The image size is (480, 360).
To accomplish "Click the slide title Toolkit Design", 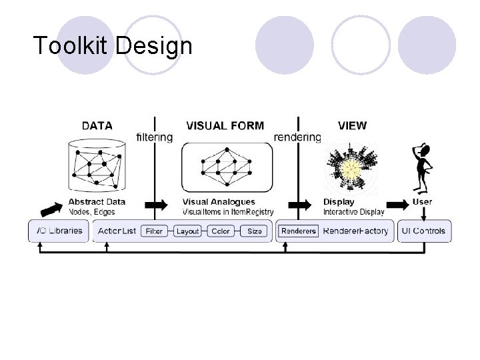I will (113, 46).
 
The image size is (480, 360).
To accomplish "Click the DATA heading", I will (97, 125).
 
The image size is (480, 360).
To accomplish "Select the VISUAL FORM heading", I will (225, 125).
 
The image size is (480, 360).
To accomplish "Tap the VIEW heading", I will (352, 125).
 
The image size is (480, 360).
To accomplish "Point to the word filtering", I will (154, 137).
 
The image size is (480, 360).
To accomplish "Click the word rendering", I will (297, 137).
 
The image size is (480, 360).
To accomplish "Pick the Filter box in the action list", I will (154, 231).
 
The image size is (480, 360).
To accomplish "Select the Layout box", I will (188, 231).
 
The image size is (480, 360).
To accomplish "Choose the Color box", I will (221, 231).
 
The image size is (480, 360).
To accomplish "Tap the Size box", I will (255, 231).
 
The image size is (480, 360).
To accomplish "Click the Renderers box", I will (298, 231).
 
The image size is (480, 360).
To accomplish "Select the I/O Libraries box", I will (58, 231).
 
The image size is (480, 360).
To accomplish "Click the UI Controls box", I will (424, 231).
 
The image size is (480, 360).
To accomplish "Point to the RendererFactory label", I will (355, 231).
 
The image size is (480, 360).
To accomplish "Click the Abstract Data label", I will (97, 201).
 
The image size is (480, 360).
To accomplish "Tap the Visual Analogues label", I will (218, 201).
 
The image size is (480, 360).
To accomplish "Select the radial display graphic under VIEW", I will (351, 169).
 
